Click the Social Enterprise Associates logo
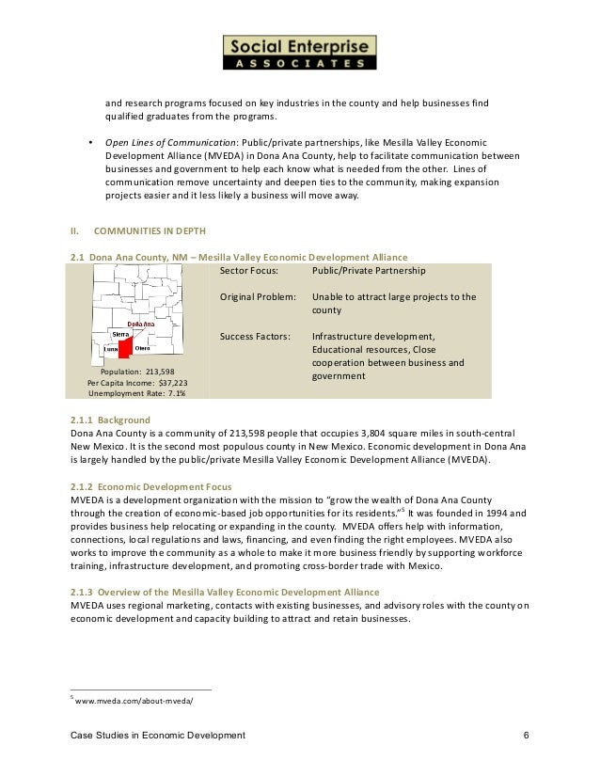299,53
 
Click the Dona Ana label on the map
139,324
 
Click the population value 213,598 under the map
151,373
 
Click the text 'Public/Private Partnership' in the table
369,270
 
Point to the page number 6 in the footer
527,733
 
